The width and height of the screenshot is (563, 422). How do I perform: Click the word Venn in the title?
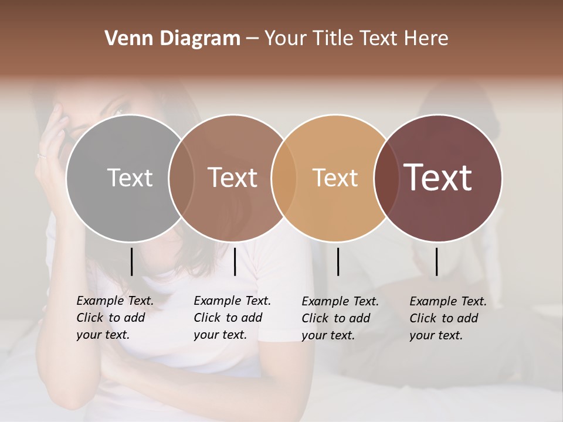(x=124, y=39)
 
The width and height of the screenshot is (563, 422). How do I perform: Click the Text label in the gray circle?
(x=130, y=178)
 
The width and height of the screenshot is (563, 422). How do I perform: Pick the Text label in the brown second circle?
(x=232, y=178)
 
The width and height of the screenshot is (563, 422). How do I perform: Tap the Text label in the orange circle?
(x=335, y=178)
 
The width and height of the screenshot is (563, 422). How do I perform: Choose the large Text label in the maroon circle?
(x=437, y=177)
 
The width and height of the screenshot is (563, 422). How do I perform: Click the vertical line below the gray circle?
(x=131, y=261)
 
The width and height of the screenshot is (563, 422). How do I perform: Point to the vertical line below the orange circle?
(x=338, y=261)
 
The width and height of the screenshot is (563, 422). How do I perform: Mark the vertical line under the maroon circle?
(x=436, y=261)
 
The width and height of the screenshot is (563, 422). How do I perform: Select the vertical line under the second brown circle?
(x=235, y=261)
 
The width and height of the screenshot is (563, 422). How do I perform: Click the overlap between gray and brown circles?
(x=181, y=178)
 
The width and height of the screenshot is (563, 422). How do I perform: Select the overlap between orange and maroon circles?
(x=386, y=178)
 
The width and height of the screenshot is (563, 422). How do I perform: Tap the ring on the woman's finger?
(x=41, y=155)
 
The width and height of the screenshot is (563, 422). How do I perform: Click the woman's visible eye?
(x=119, y=110)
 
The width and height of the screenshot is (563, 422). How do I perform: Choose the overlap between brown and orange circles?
(x=284, y=178)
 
